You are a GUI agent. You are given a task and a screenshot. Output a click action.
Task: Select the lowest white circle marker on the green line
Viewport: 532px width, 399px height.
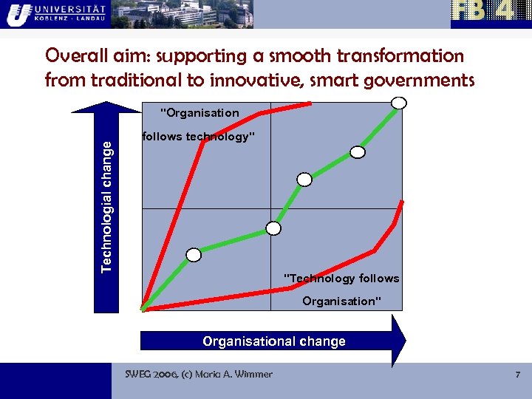pyautogui.click(x=194, y=255)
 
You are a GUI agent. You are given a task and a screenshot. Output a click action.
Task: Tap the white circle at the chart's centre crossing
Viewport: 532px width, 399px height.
pyautogui.click(x=273, y=228)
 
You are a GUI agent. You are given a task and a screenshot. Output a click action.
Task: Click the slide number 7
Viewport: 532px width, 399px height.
pyautogui.click(x=517, y=375)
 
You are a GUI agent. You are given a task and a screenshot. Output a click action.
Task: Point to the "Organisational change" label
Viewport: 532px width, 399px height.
pyautogui.click(x=274, y=341)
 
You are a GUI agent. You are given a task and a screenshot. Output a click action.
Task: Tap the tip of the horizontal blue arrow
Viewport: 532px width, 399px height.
pyautogui.click(x=404, y=341)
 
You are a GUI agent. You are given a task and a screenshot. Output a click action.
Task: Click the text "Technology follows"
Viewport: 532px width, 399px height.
pyautogui.click(x=342, y=279)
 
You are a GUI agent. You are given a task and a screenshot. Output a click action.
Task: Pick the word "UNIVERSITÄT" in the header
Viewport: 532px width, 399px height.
pyautogui.click(x=73, y=7)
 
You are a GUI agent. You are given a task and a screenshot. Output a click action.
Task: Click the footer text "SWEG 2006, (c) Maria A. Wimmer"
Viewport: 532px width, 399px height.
pyautogui.click(x=199, y=375)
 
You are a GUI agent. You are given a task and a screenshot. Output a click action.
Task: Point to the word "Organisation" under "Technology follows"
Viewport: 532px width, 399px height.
pyautogui.click(x=342, y=301)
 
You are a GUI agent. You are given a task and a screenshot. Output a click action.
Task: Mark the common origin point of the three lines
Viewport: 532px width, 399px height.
pyautogui.click(x=142, y=310)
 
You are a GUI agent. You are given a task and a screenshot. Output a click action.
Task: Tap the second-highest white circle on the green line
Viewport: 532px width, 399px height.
pyautogui.click(x=358, y=152)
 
